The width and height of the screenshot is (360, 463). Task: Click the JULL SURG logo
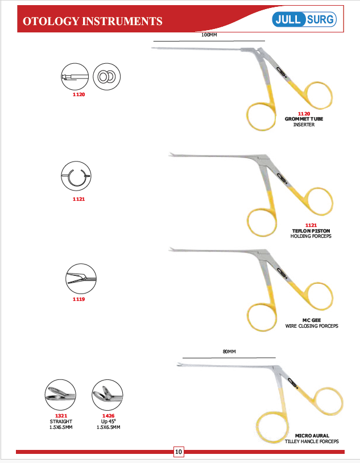tap(304, 19)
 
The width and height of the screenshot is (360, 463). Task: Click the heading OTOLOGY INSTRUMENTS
tap(93, 21)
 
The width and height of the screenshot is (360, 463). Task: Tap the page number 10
tap(179, 452)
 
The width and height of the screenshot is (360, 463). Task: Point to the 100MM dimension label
tap(209, 35)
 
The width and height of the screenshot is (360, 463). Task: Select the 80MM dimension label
tap(229, 352)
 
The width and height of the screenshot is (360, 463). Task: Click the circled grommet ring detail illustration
tap(106, 77)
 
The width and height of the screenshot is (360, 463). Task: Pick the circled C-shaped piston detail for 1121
tap(76, 176)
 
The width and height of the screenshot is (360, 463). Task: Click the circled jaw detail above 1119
tap(81, 279)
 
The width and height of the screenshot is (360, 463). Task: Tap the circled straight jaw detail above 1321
tap(60, 395)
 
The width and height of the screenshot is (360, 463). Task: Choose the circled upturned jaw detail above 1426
tap(107, 395)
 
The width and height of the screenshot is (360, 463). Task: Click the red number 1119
tap(79, 299)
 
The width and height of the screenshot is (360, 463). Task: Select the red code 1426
tap(109, 416)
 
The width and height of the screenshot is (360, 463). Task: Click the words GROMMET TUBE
tap(304, 119)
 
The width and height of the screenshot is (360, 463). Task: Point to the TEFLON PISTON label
tap(311, 231)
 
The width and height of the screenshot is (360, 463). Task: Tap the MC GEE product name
tap(312, 320)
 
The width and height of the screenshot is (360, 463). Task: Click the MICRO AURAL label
tap(312, 436)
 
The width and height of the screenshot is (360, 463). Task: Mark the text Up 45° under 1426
tap(109, 421)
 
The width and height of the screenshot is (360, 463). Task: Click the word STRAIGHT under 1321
tap(61, 421)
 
